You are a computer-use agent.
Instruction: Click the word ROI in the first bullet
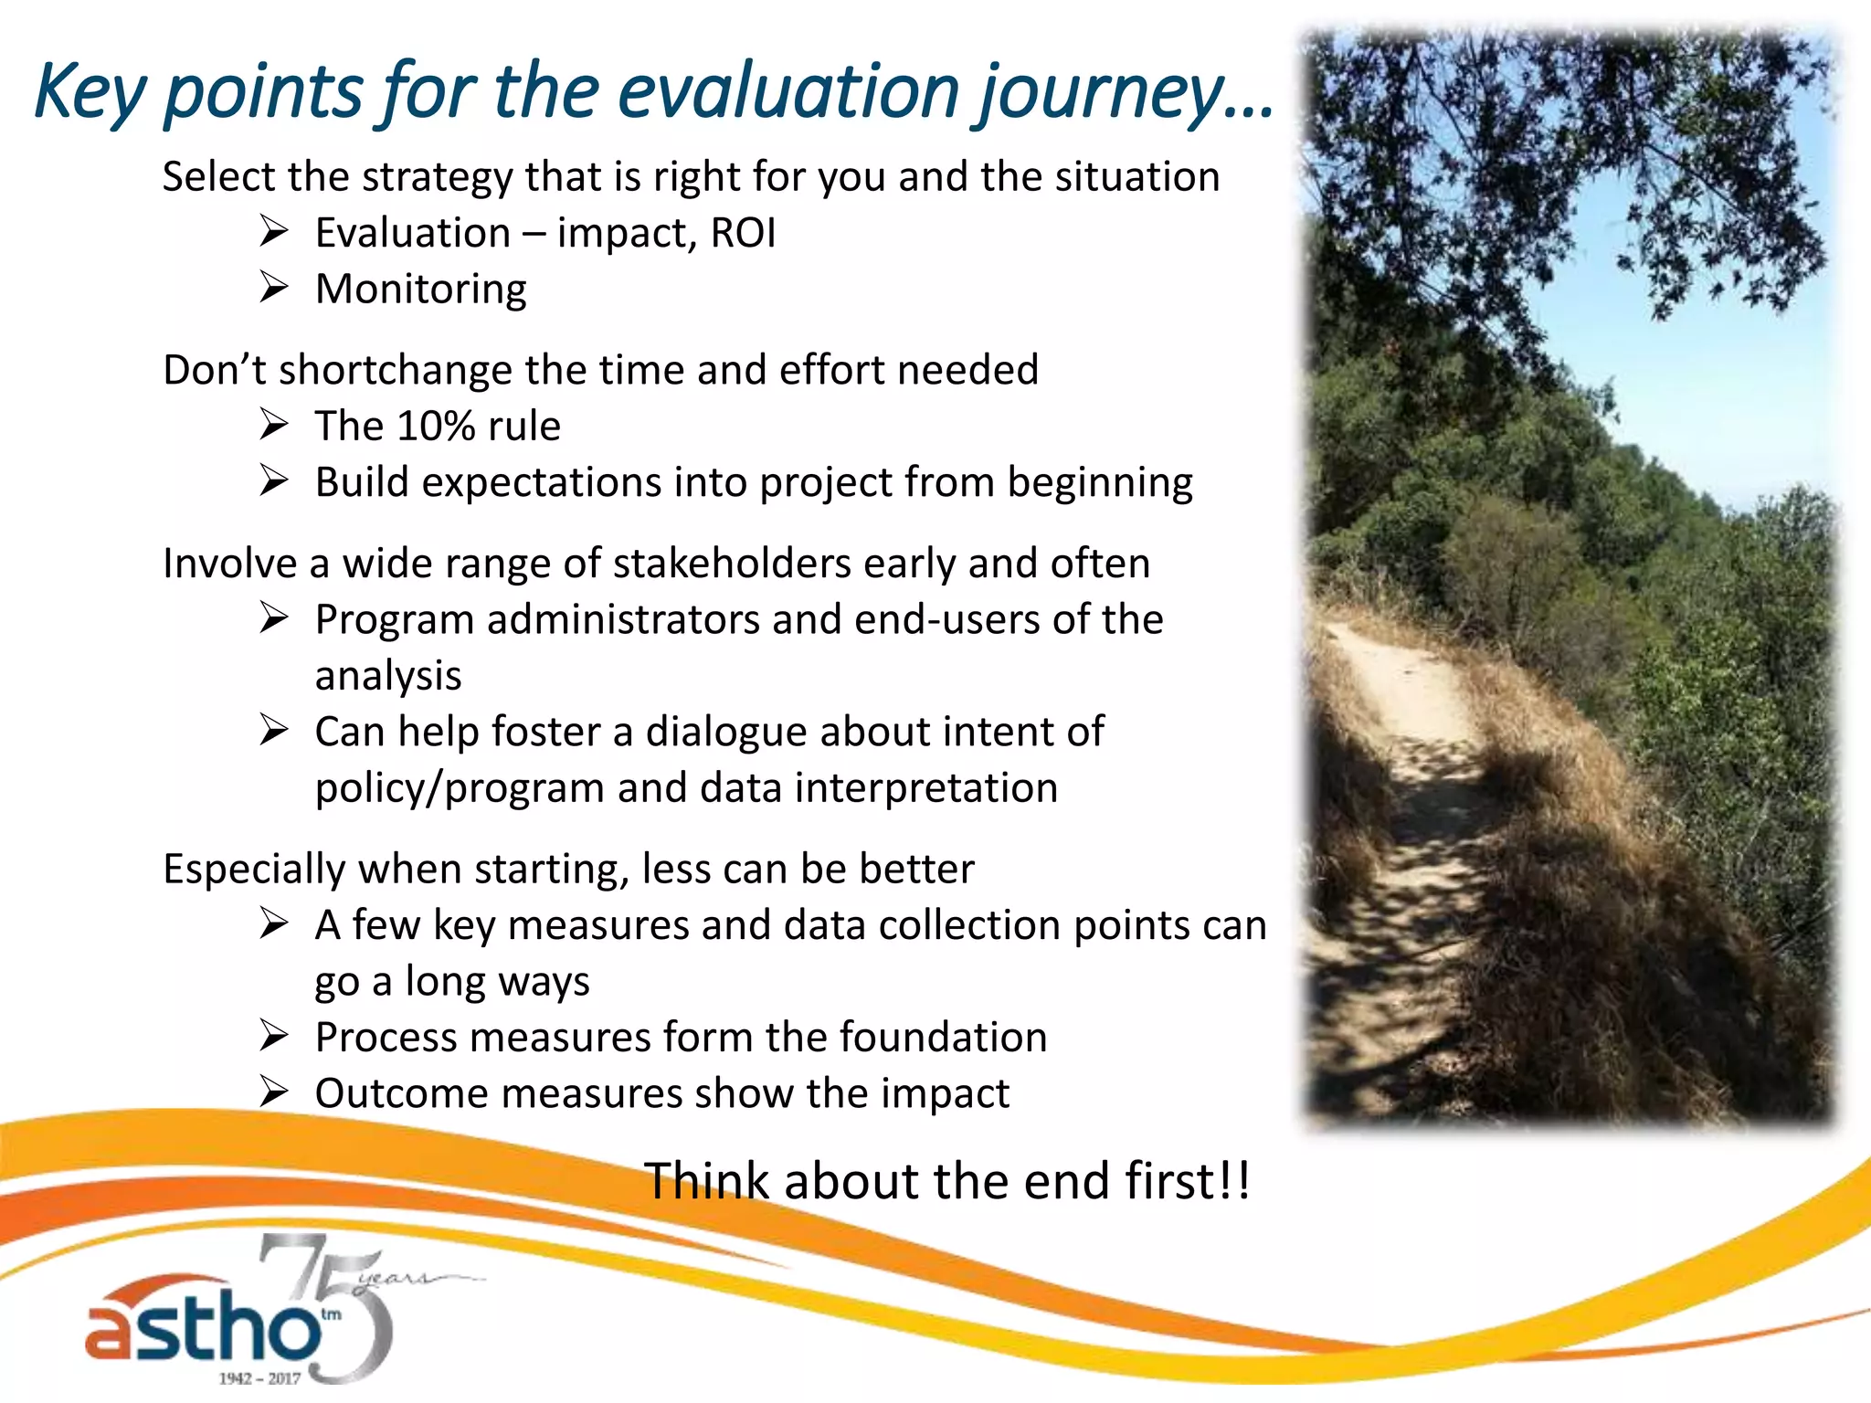[743, 233]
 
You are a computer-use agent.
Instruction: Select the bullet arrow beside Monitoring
[273, 289]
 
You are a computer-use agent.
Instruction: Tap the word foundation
[943, 1038]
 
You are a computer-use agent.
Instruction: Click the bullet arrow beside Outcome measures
[273, 1092]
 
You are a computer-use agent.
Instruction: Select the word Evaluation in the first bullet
[413, 233]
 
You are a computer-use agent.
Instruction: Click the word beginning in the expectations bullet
[1100, 483]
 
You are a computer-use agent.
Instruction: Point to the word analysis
[388, 676]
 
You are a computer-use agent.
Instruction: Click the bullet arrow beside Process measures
[273, 1037]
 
